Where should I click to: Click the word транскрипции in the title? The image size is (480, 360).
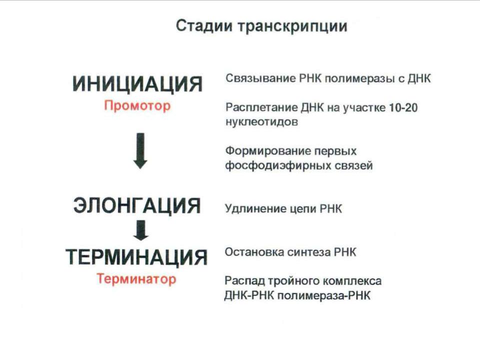coord(292,26)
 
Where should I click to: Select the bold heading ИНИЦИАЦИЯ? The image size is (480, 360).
coord(137,84)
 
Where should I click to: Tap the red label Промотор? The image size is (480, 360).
coord(137,106)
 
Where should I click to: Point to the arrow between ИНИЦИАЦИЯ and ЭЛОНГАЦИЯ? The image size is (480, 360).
coord(140,150)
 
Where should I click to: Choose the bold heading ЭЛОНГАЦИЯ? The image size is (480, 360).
coord(137,205)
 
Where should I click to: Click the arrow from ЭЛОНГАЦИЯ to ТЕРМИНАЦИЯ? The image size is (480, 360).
coord(141,230)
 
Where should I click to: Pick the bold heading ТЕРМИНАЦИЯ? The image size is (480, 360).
coord(136,257)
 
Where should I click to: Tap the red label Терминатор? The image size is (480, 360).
coord(136,279)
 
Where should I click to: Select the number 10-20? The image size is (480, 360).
coord(403,107)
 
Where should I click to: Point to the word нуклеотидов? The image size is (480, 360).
coord(261,122)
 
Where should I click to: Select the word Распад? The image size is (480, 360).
coord(244,281)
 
